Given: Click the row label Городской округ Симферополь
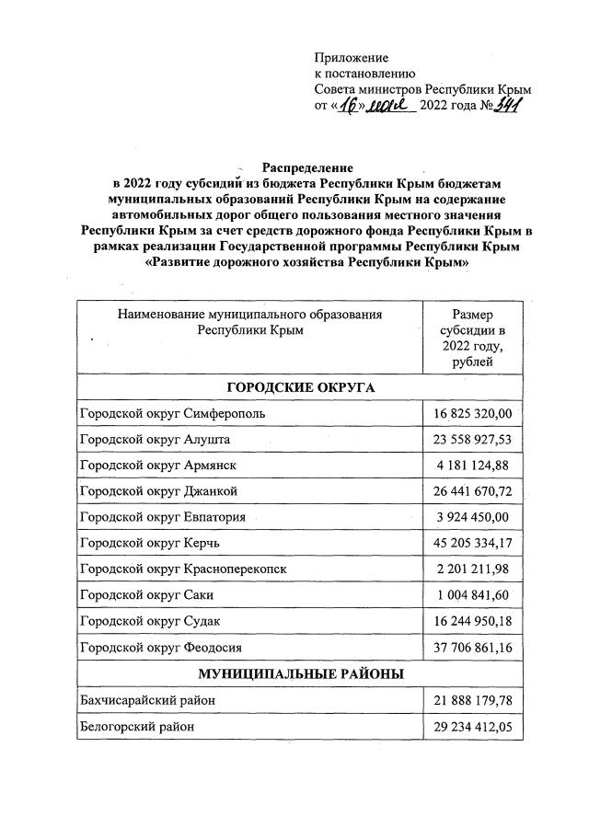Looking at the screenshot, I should click(x=173, y=413).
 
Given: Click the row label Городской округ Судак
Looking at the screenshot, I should click(x=152, y=622).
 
